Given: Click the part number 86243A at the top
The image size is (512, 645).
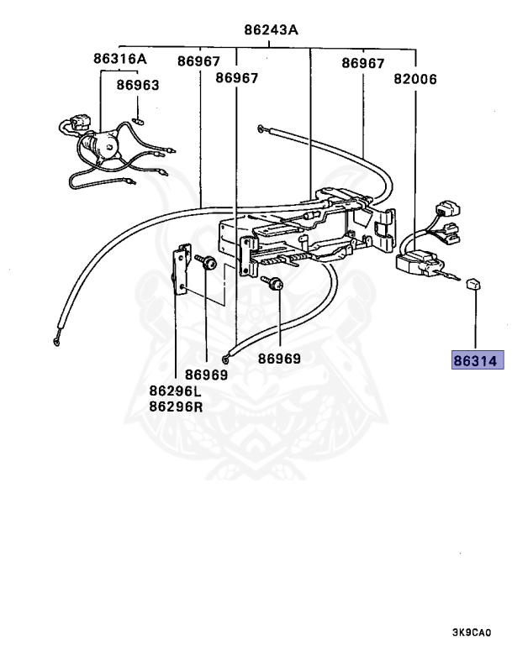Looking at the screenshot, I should (272, 31).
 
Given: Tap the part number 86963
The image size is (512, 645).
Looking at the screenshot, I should (138, 85).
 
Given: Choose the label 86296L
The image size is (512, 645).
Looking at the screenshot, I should (176, 391).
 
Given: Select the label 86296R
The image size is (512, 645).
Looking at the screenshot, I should (176, 407).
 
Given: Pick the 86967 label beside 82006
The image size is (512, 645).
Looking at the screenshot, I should (362, 63).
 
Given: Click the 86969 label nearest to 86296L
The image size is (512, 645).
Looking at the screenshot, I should (206, 375).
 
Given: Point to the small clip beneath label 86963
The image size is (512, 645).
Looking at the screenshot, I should (140, 118).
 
